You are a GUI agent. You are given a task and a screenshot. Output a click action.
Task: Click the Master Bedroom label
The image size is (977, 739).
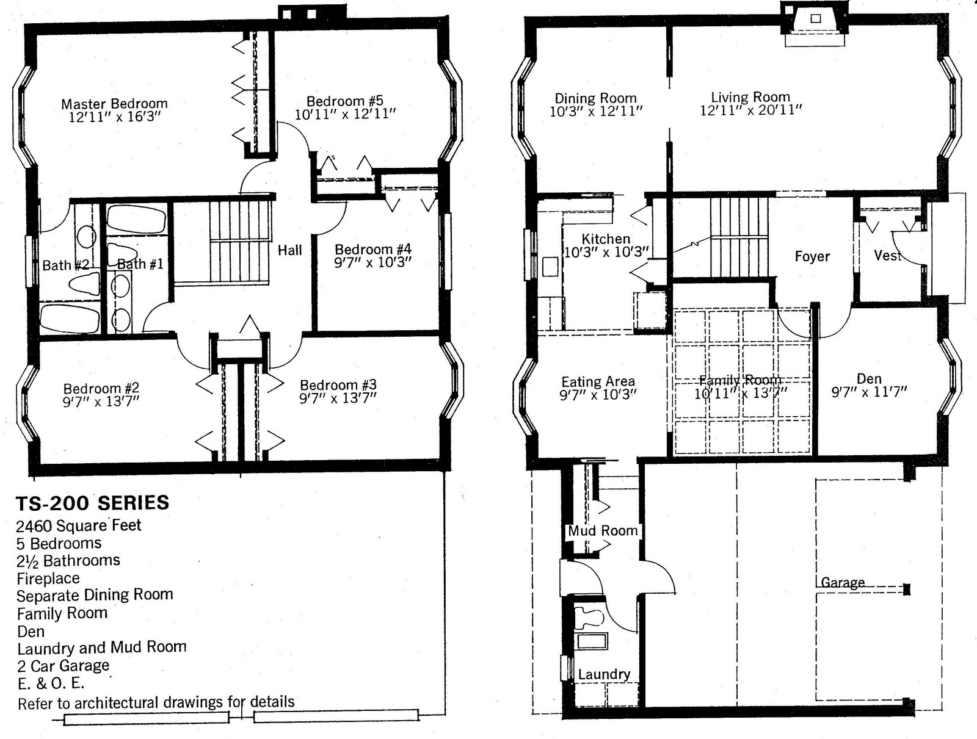click(114, 104)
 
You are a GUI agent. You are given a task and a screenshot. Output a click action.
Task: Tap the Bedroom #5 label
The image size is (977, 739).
click(344, 101)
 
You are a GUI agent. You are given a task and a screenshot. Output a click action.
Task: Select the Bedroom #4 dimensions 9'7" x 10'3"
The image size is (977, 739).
click(372, 262)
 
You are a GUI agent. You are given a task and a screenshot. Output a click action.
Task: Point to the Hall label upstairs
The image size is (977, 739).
click(289, 250)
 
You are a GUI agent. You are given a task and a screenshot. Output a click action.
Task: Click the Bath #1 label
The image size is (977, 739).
click(140, 264)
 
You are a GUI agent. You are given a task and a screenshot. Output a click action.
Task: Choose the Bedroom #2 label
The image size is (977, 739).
click(101, 388)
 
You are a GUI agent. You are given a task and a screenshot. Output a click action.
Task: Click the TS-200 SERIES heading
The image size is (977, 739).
click(92, 503)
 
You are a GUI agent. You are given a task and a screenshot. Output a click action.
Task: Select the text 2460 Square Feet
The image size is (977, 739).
click(79, 525)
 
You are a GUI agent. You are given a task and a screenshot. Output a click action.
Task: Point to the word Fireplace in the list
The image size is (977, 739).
click(48, 578)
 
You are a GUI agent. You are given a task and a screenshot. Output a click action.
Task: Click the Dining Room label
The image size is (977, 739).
click(595, 98)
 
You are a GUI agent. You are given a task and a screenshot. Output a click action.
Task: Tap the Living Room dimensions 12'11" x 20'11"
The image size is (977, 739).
click(750, 110)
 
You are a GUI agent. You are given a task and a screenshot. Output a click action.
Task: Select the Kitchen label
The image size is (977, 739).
click(605, 239)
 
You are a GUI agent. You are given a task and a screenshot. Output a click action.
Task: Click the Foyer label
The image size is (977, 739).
click(812, 256)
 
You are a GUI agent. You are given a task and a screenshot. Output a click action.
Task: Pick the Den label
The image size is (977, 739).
click(869, 379)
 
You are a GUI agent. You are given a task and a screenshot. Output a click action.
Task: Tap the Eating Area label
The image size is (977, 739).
click(598, 382)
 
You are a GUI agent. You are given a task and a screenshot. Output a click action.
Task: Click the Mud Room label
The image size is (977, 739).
click(603, 531)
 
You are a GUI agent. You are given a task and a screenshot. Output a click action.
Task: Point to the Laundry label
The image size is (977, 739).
click(604, 674)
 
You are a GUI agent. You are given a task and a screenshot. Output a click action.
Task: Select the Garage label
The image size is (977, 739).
click(843, 583)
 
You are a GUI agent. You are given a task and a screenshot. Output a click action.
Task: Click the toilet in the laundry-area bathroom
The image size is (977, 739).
click(589, 616)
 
